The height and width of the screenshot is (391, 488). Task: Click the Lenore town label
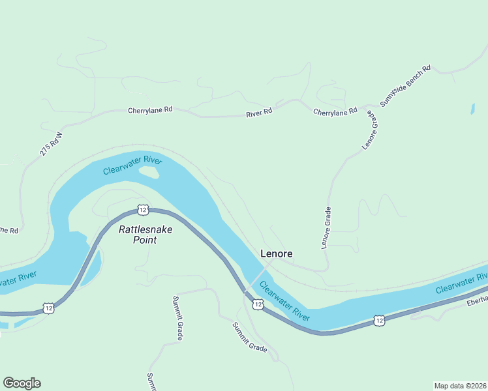tap(276, 253)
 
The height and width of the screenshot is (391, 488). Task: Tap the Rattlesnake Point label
tap(137, 234)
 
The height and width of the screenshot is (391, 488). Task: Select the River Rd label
tap(259, 113)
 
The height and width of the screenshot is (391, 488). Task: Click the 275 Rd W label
tap(50, 144)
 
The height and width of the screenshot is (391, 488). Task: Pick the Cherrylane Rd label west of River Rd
tap(150, 110)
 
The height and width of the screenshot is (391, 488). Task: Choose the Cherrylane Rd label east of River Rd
tap(335, 111)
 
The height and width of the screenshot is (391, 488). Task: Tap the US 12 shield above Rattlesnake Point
tap(143, 209)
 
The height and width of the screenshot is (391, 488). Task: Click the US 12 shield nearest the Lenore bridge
tap(258, 304)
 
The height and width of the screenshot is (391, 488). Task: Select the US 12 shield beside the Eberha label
tap(379, 320)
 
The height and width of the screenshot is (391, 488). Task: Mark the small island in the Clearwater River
tap(149, 172)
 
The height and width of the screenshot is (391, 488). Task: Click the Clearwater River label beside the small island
tap(132, 164)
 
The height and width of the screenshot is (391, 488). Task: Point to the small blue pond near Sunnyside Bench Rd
tap(472, 109)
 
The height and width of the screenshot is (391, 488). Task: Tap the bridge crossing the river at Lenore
tap(256, 278)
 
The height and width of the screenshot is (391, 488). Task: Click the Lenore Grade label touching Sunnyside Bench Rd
tap(369, 131)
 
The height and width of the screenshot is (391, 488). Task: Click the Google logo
tap(22, 383)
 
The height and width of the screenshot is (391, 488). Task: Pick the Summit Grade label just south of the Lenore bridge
tap(250, 337)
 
